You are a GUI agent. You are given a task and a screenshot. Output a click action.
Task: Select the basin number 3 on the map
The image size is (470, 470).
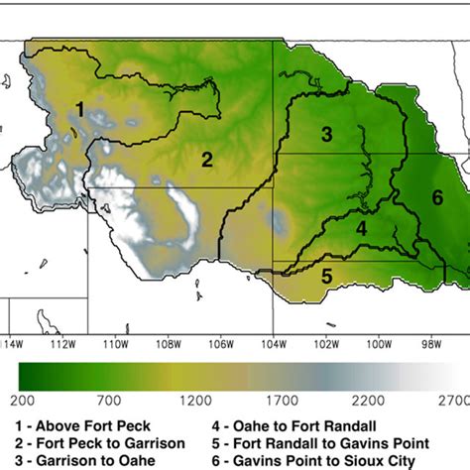click(x=326, y=133)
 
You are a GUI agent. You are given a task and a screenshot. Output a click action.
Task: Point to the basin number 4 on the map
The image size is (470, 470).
click(x=362, y=228)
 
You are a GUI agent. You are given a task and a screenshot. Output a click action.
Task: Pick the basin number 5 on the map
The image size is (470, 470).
click(x=325, y=276)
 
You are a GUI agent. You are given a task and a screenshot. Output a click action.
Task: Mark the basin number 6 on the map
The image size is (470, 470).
click(x=437, y=196)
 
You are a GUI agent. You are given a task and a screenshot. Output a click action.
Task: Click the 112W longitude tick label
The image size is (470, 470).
click(x=61, y=343)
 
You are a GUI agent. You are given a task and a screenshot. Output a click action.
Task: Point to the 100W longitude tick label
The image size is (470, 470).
click(x=376, y=343)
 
